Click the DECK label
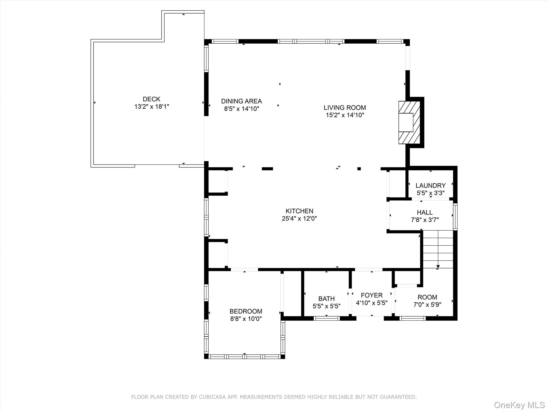click(x=151, y=99)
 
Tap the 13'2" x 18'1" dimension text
click(x=151, y=106)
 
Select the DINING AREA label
click(x=241, y=101)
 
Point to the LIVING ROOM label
click(x=345, y=108)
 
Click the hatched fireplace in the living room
click(x=409, y=123)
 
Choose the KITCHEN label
click(x=299, y=211)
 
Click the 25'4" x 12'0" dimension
click(x=299, y=218)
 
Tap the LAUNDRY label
click(x=430, y=185)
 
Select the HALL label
click(x=425, y=212)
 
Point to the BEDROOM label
click(x=246, y=311)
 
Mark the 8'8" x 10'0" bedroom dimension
click(x=246, y=319)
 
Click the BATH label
click(x=326, y=299)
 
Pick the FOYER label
click(x=372, y=295)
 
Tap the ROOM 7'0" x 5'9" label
click(x=427, y=297)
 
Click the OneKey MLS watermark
click(x=519, y=405)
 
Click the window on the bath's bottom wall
click(x=326, y=318)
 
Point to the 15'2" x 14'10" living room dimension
click(x=345, y=115)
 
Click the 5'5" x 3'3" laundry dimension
click(x=430, y=193)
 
